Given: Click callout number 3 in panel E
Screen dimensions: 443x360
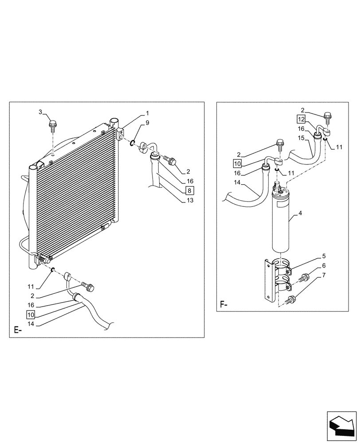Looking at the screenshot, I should [x=40, y=112].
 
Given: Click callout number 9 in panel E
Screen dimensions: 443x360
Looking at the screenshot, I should [x=148, y=122].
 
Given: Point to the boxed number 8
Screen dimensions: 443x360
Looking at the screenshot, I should [x=189, y=190].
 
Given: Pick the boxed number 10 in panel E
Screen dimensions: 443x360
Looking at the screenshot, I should [x=30, y=315].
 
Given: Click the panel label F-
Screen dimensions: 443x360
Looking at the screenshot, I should [x=224, y=305].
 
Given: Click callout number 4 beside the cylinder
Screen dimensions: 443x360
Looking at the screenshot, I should [x=300, y=214].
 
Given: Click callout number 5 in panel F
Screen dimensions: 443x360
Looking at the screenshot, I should [x=324, y=256].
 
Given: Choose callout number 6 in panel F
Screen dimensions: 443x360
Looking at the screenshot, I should [x=324, y=266].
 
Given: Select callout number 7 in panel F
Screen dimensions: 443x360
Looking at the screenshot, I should [x=324, y=276].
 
